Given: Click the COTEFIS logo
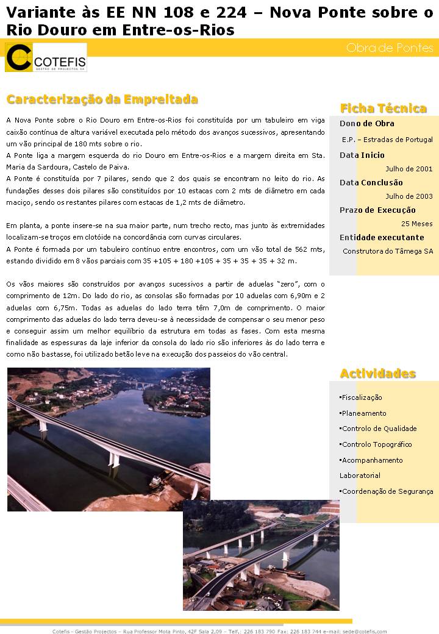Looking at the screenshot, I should (x=46, y=58).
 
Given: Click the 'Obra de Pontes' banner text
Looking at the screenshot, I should (x=390, y=48).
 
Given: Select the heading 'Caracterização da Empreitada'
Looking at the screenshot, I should (x=102, y=99).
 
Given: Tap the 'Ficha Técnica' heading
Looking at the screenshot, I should (x=383, y=109).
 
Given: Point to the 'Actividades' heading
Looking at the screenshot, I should (x=377, y=373).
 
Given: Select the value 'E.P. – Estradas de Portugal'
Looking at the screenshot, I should (x=387, y=140).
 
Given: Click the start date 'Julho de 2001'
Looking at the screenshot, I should (x=409, y=169).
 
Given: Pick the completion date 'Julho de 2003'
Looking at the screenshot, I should (x=409, y=196).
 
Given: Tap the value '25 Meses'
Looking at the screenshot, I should (x=417, y=224).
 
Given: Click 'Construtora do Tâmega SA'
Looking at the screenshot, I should (x=388, y=251).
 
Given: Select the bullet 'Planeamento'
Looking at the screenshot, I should (x=364, y=413).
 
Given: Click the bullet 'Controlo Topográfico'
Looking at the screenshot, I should (x=377, y=444).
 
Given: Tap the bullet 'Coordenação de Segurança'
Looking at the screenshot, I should (x=387, y=491).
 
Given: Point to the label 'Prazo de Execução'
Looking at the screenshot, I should (x=377, y=210).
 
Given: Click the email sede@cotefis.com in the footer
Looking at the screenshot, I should (x=364, y=631).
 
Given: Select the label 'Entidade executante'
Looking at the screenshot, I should (x=382, y=238).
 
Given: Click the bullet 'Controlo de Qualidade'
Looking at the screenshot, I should (x=379, y=429).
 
